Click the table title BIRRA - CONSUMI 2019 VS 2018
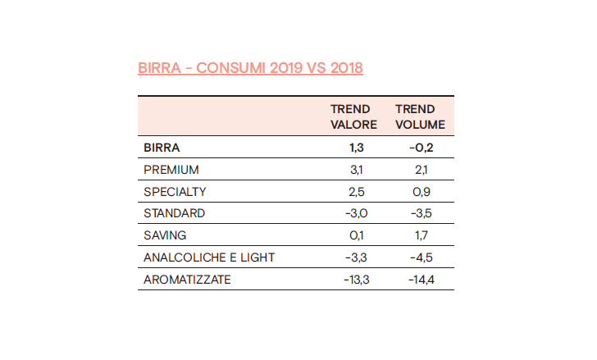pyautogui.click(x=250, y=67)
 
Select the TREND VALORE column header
pyautogui.click(x=353, y=116)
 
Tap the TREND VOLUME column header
pyautogui.click(x=420, y=116)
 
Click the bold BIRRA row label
pyautogui.click(x=162, y=148)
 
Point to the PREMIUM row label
pyautogui.click(x=171, y=170)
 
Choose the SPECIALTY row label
pyautogui.click(x=175, y=192)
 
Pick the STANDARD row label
pyautogui.click(x=174, y=214)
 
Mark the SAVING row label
pyautogui.click(x=165, y=235)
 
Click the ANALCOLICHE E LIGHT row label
pyautogui.click(x=209, y=257)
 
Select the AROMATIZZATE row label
pyautogui.click(x=187, y=280)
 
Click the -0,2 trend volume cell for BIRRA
pyautogui.click(x=420, y=148)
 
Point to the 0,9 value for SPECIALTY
pyautogui.click(x=420, y=192)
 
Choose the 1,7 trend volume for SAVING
pyautogui.click(x=420, y=235)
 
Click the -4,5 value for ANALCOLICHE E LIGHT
pyautogui.click(x=420, y=257)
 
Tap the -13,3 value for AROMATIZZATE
pyautogui.click(x=353, y=280)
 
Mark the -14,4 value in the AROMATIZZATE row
pyautogui.click(x=420, y=280)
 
